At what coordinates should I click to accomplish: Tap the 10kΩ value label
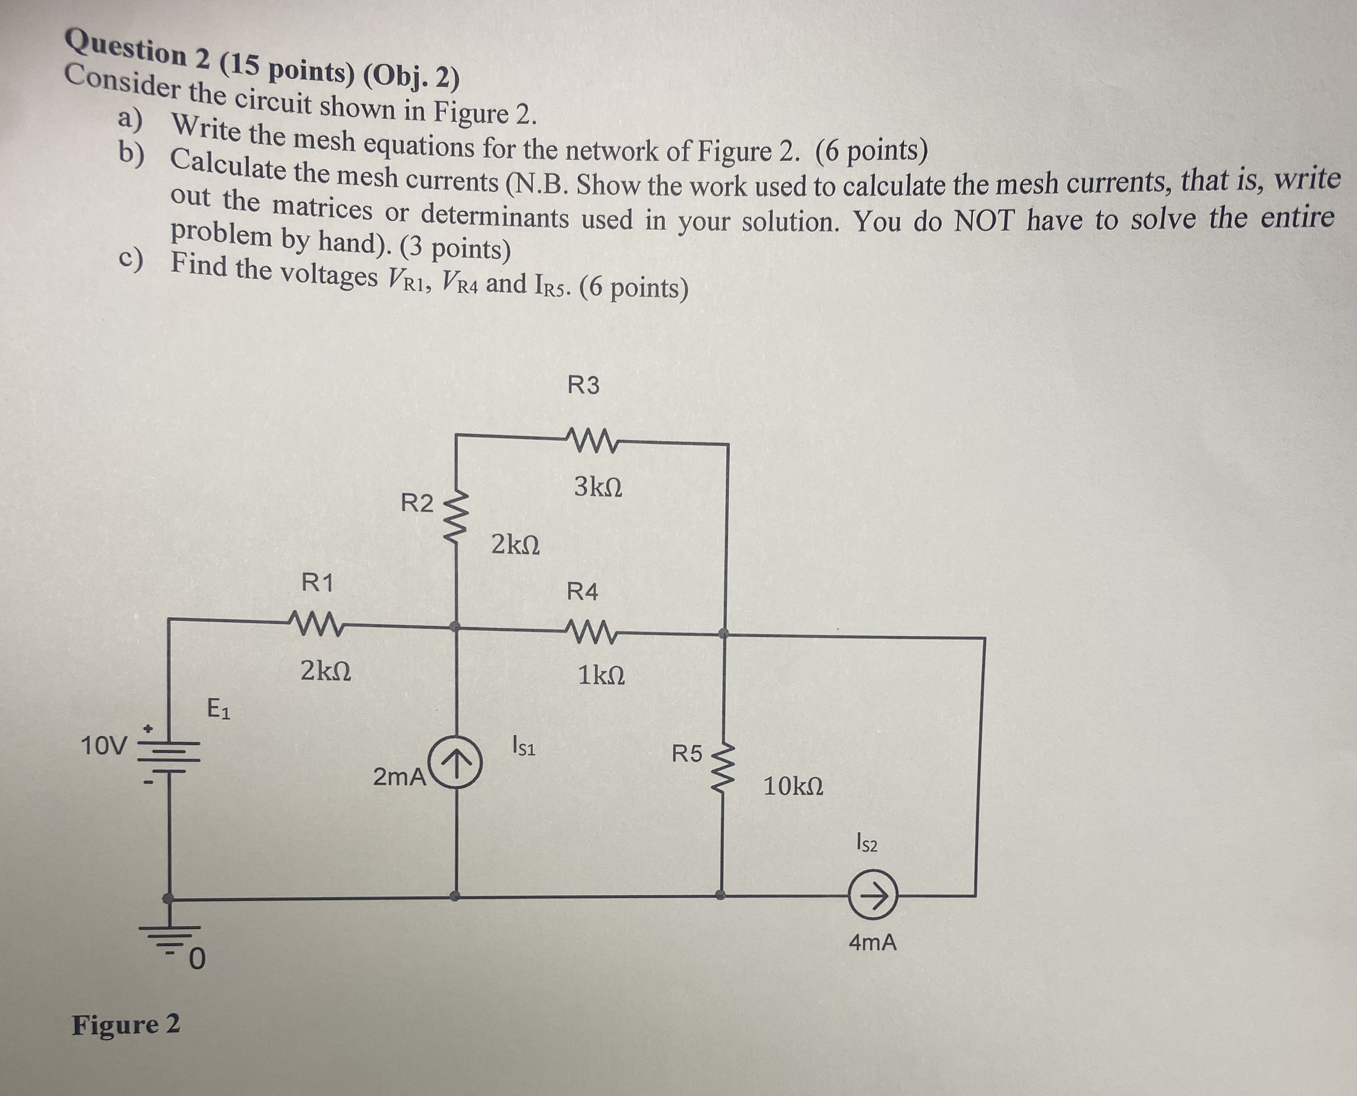click(x=793, y=786)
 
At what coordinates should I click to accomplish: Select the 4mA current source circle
click(x=873, y=895)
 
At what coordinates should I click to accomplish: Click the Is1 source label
click(x=524, y=747)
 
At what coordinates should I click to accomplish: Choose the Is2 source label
click(x=867, y=843)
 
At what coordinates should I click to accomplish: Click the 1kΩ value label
click(x=601, y=676)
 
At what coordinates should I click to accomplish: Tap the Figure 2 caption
click(x=126, y=1024)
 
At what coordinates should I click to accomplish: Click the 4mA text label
click(x=872, y=943)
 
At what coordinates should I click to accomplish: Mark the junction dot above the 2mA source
click(x=454, y=626)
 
